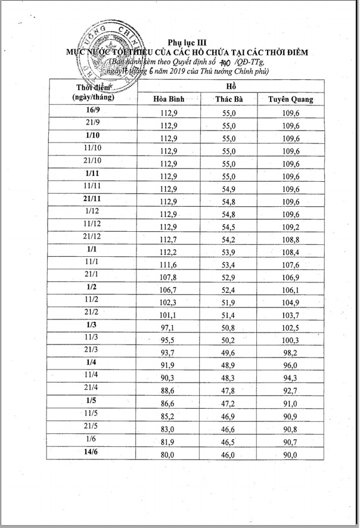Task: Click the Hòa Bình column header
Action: click(169, 99)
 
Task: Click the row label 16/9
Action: click(92, 111)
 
